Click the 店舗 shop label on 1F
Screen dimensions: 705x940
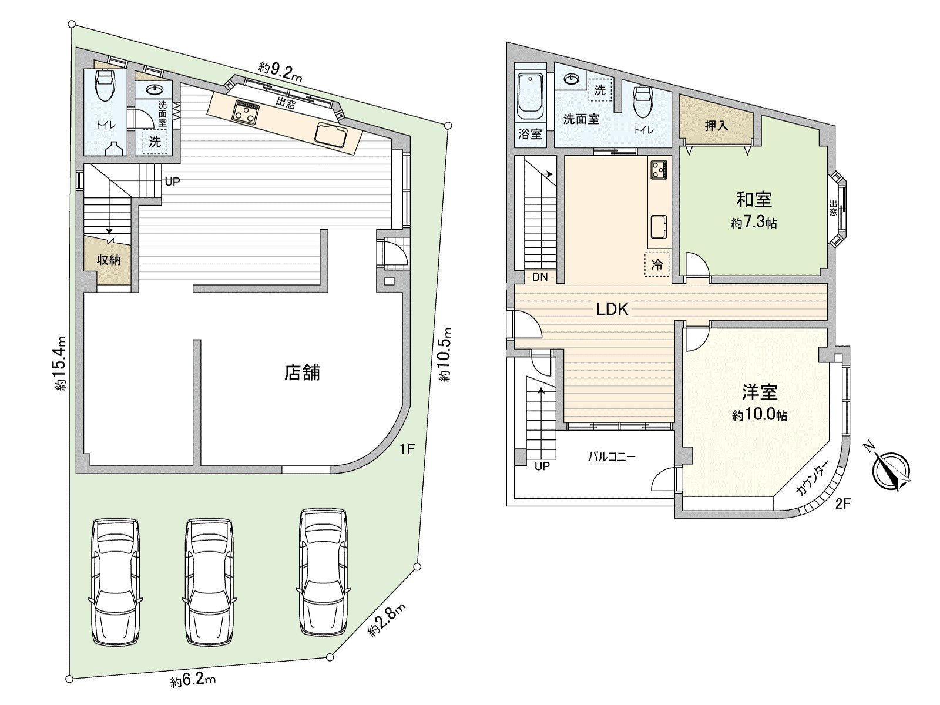303,372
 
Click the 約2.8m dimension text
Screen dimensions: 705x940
387,620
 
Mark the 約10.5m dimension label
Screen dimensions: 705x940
446,355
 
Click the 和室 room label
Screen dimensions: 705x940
754,200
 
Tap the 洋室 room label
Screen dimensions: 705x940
759,392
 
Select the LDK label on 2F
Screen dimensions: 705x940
612,310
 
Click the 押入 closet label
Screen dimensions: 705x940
716,126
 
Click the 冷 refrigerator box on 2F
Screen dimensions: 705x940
657,264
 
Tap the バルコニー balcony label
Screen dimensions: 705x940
612,456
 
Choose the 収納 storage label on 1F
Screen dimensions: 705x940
109,259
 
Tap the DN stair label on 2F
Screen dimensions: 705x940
539,277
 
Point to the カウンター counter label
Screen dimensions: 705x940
813,479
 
